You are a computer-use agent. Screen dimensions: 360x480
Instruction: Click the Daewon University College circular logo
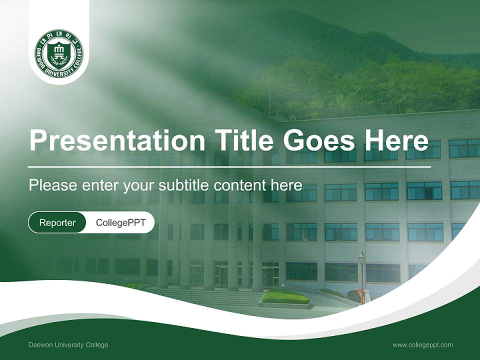(x=59, y=53)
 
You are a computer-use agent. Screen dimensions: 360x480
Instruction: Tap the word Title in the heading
(x=243, y=140)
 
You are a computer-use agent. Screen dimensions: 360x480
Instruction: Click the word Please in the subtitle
(x=53, y=185)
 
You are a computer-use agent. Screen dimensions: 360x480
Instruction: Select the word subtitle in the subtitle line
(x=184, y=185)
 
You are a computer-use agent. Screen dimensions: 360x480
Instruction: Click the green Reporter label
(x=57, y=222)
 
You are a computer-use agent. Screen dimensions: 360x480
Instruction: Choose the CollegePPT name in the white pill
(x=120, y=222)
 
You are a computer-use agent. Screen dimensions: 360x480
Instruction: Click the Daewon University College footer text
(x=68, y=345)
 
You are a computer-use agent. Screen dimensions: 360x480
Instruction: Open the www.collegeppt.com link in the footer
(x=422, y=345)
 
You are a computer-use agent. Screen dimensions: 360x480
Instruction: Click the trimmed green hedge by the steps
(x=285, y=297)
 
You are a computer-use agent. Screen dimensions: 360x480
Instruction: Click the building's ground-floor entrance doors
(x=270, y=275)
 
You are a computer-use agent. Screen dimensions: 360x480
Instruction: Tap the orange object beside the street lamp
(x=366, y=295)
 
